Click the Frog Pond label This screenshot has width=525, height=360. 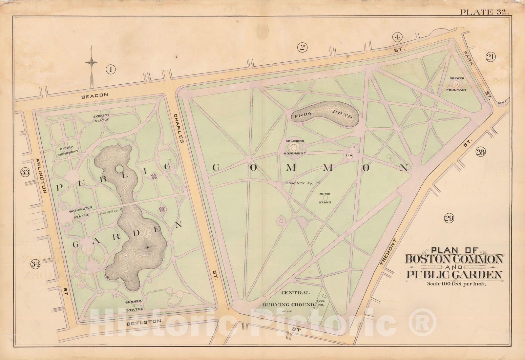(323, 114)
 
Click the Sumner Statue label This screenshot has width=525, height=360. (134, 305)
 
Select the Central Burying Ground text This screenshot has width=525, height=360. (288, 298)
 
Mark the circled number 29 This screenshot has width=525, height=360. (449, 218)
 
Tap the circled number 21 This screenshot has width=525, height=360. (491, 57)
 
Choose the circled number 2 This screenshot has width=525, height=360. (302, 48)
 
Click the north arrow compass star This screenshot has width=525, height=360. (92, 62)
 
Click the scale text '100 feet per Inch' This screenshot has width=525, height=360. (456, 284)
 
